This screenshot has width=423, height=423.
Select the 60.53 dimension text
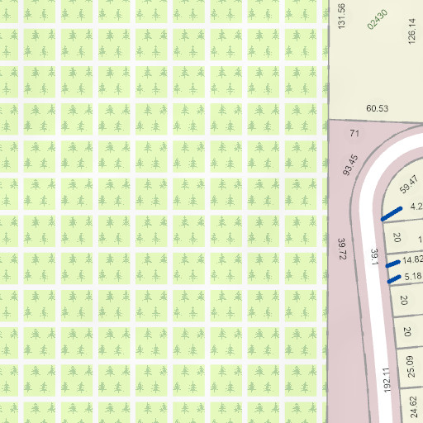tap(377, 108)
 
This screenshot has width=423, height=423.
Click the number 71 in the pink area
tap(355, 133)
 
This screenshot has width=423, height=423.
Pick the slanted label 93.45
tap(350, 164)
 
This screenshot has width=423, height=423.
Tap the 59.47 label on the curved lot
tap(409, 184)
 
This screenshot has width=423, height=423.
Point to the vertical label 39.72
tap(341, 249)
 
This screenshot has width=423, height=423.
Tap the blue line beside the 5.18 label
tap(394, 278)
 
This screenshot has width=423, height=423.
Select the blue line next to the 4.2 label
tap(391, 214)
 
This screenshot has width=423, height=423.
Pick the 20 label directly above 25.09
tap(407, 331)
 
